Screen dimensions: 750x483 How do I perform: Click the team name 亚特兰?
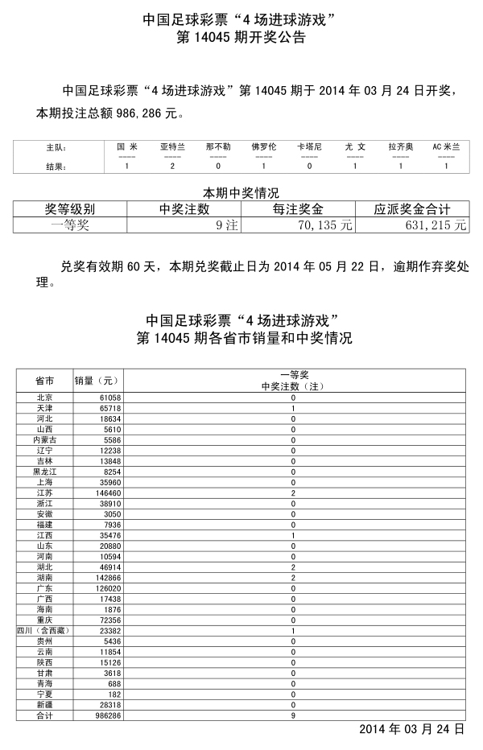click(x=172, y=147)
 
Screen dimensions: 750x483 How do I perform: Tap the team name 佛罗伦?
click(x=263, y=147)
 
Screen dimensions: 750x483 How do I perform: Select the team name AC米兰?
click(x=446, y=147)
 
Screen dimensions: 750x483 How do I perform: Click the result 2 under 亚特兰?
click(x=172, y=167)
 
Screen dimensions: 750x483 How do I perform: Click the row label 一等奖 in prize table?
click(x=70, y=225)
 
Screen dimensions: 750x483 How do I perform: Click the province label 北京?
click(x=45, y=398)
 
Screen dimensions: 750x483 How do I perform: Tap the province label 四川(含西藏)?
click(x=45, y=631)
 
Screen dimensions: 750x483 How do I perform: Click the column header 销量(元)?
click(x=97, y=380)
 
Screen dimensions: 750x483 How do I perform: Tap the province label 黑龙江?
click(x=45, y=471)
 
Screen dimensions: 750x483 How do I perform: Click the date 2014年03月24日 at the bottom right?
click(x=411, y=731)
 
